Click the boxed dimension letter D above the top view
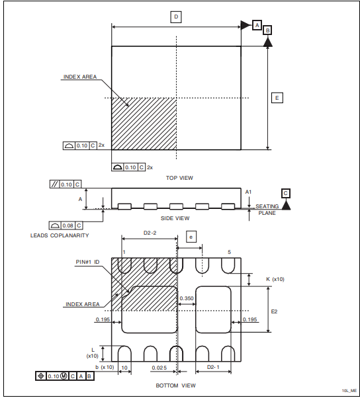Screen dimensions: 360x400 click(x=176, y=17)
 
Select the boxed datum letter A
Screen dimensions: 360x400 click(x=257, y=25)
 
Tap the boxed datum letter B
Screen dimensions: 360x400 click(x=267, y=30)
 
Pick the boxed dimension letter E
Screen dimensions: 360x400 click(x=277, y=98)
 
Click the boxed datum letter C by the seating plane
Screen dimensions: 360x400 click(x=285, y=193)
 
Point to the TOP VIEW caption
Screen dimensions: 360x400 click(x=179, y=178)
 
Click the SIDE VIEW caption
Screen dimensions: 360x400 click(x=175, y=218)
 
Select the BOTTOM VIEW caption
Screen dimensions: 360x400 click(x=175, y=385)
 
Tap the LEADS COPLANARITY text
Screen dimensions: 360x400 click(x=60, y=235)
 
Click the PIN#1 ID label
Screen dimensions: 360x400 click(x=87, y=262)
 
